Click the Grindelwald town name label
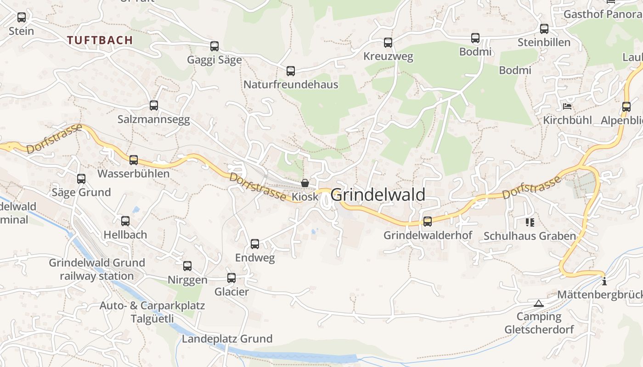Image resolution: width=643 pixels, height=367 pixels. (x=378, y=195)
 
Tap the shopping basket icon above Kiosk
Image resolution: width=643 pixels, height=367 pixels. (x=305, y=183)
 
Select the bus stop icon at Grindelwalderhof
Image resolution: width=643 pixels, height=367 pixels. (x=428, y=222)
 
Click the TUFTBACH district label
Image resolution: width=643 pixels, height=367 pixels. (x=100, y=40)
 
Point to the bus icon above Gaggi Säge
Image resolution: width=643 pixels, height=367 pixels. (x=214, y=46)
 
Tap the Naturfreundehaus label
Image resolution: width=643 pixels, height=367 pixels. (x=290, y=84)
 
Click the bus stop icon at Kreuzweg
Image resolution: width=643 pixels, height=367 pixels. (x=388, y=43)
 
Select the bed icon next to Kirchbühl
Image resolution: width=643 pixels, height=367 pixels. (x=567, y=106)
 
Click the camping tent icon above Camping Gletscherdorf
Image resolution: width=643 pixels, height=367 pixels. (x=538, y=303)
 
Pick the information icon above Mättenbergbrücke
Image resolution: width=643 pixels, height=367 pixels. (x=604, y=281)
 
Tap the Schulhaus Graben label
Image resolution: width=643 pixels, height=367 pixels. (x=529, y=236)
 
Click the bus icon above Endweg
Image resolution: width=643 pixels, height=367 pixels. (x=255, y=244)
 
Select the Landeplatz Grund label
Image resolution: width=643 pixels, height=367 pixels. (x=227, y=339)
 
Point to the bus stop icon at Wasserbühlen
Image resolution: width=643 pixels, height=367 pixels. (x=134, y=160)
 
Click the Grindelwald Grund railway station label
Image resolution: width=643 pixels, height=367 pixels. (x=97, y=269)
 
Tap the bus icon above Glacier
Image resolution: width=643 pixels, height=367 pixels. (x=231, y=278)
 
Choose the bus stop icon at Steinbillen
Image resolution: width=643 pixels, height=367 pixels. (x=544, y=29)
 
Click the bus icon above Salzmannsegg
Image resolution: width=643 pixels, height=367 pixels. (x=154, y=106)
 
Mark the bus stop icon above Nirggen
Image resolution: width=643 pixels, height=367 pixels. (x=187, y=266)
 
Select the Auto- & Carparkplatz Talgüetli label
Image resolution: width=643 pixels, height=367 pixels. (x=152, y=312)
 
